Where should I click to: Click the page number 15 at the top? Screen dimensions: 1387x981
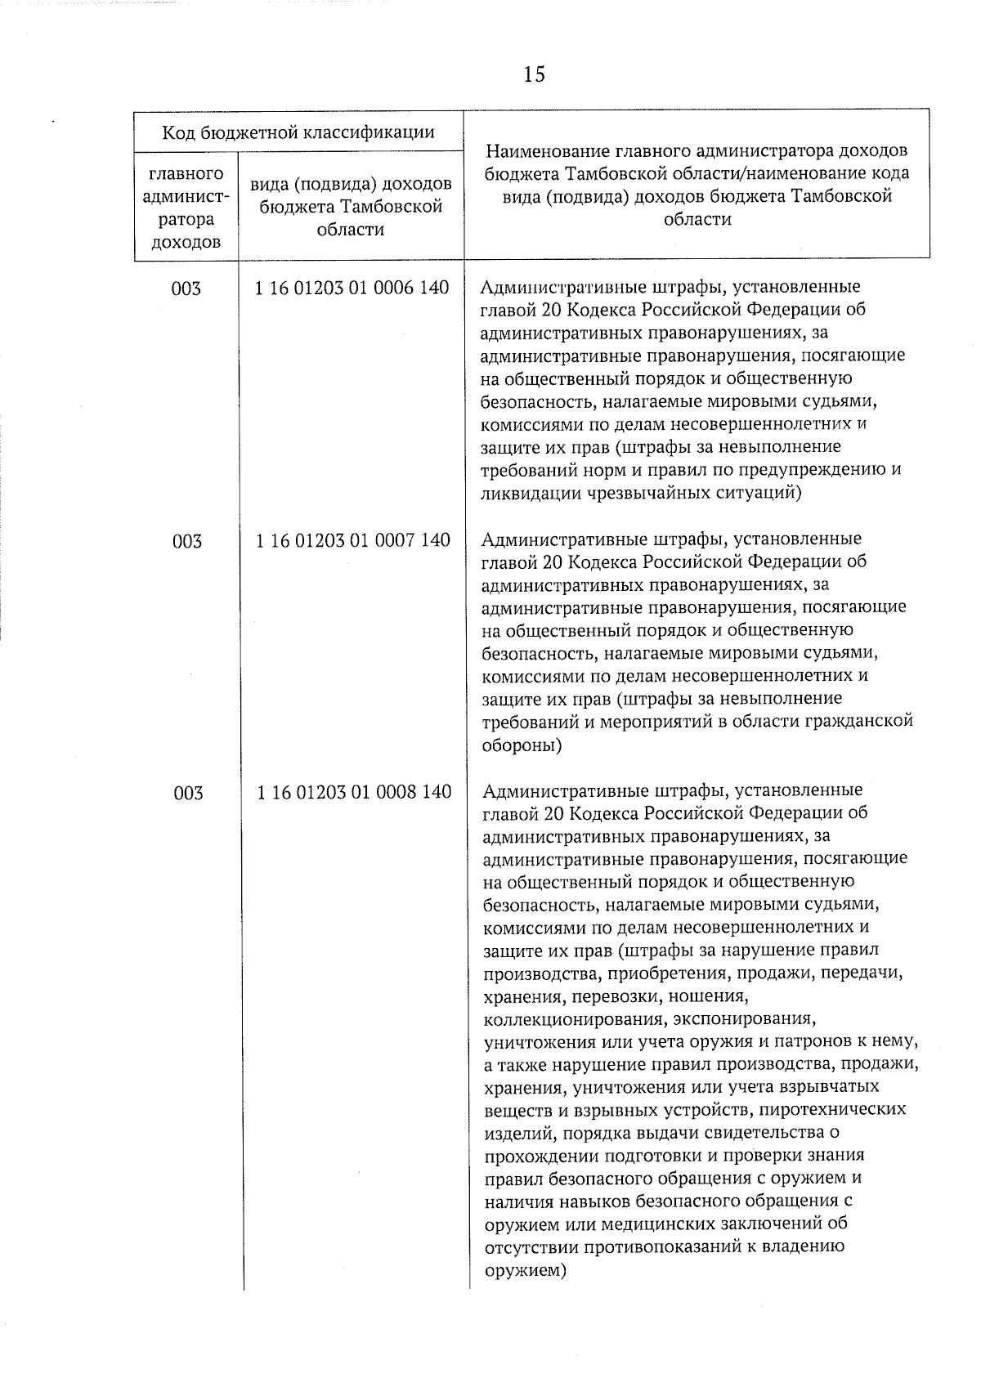tap(534, 75)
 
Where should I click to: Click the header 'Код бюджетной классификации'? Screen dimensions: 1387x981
tap(298, 132)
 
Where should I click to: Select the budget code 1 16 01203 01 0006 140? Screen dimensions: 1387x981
tap(352, 289)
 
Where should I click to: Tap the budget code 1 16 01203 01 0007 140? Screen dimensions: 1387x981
tap(353, 540)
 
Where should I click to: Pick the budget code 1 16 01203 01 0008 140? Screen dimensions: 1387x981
tap(354, 792)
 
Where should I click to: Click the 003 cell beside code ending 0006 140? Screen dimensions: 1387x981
tap(186, 289)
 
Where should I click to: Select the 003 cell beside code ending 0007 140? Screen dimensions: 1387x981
tap(187, 541)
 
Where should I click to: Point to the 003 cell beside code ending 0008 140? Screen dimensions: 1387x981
tap(188, 793)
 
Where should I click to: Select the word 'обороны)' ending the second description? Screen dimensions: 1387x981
tap(522, 745)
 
